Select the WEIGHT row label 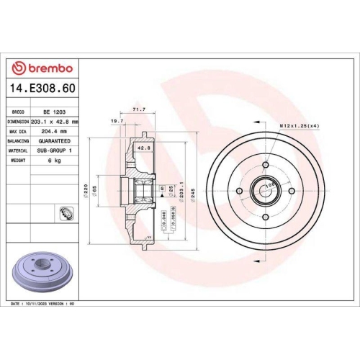19,161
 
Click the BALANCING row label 17,141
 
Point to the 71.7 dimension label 139,109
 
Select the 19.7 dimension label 117,122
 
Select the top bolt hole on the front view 265,166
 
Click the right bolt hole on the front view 291,192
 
